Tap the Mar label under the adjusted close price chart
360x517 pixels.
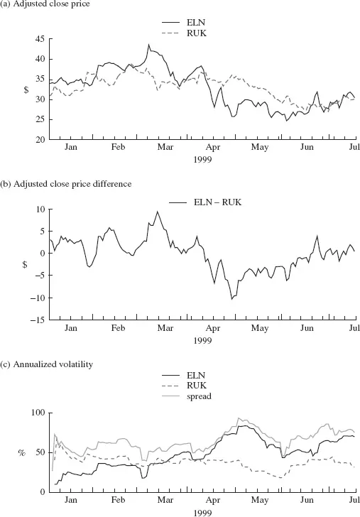coord(165,147)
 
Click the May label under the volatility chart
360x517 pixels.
coord(259,500)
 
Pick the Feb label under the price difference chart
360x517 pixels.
coord(118,328)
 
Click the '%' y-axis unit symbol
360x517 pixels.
coord(22,453)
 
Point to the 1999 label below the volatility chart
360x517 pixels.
coord(202,513)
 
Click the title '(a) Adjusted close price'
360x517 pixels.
coord(45,4)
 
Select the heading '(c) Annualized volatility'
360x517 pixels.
coord(46,364)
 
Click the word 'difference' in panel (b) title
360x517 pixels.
coord(114,184)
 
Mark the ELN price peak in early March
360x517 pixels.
coord(148,44)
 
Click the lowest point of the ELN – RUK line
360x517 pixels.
coord(231,299)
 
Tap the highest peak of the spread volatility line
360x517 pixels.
coord(239,418)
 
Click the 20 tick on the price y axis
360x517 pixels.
coord(40,139)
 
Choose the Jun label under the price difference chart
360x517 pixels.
coord(307,328)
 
